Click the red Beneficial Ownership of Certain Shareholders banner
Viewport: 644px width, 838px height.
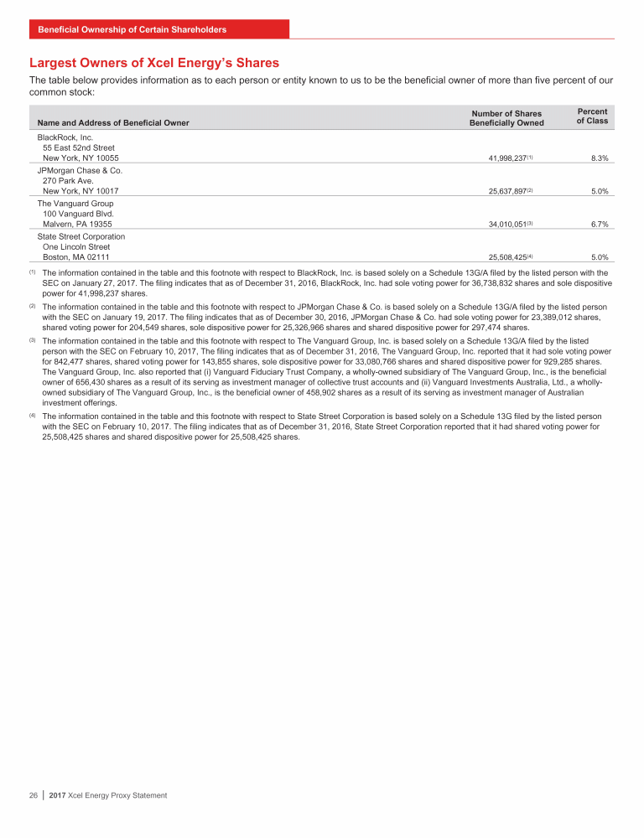(159, 29)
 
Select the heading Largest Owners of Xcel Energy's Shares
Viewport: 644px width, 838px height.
(154, 63)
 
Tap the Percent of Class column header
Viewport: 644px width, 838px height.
(592, 116)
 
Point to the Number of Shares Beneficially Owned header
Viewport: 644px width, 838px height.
(506, 118)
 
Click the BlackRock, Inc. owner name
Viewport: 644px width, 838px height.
(65, 136)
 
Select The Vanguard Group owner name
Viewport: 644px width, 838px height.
(75, 203)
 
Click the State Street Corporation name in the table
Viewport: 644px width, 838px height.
(81, 236)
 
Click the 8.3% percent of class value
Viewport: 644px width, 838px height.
(598, 158)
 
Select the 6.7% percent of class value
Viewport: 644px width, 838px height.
(598, 225)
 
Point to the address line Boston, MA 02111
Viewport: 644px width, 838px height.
(75, 258)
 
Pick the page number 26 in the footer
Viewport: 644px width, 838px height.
(34, 795)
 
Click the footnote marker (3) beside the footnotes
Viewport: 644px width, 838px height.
(32, 340)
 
